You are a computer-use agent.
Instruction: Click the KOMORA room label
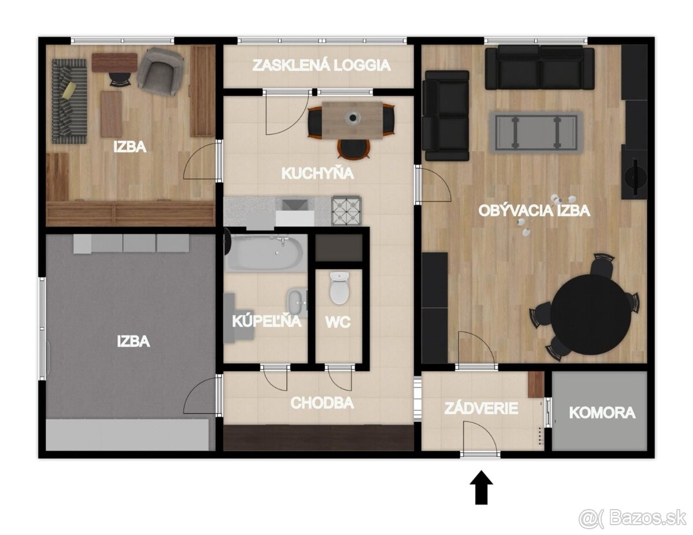pos(602,413)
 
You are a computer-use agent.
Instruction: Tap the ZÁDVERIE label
pos(481,409)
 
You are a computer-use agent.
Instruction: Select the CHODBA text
pos(322,403)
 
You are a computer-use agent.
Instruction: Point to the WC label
pos(338,322)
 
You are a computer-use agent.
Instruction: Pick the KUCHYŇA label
pos(318,173)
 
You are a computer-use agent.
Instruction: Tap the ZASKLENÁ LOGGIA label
pos(322,65)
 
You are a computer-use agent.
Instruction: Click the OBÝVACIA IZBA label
pos(534,211)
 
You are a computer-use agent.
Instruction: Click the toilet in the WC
pos(340,287)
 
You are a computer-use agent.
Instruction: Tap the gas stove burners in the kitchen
pos(346,209)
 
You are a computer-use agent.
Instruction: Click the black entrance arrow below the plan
pos(481,488)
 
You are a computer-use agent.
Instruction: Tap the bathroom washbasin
pos(297,302)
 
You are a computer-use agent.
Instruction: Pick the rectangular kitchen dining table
pos(352,121)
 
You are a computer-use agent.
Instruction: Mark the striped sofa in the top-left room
pos(69,101)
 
